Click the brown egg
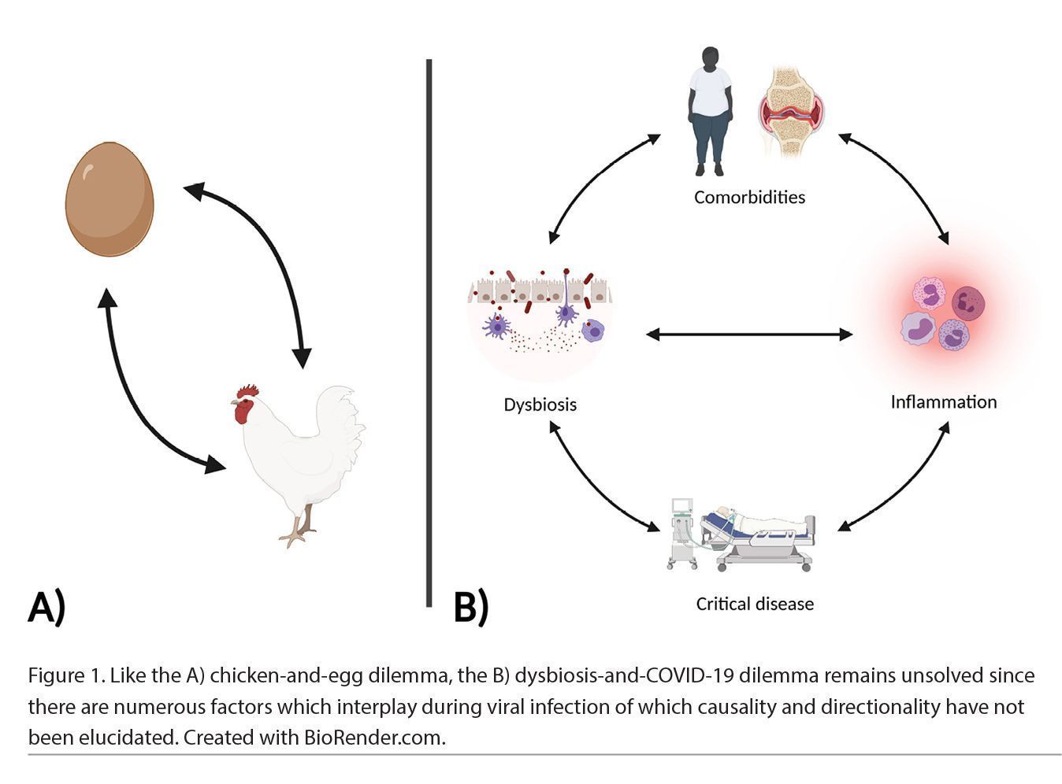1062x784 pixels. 109,199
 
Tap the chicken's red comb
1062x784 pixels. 248,391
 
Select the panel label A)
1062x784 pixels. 46,607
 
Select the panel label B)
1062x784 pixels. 471,607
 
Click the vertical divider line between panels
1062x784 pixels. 429,331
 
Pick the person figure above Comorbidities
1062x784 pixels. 711,110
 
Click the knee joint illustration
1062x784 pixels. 791,110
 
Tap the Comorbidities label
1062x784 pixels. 749,197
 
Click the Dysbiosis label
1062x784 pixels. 540,405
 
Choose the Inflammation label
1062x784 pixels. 943,402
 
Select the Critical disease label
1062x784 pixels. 755,604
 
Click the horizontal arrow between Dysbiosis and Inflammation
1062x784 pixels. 748,335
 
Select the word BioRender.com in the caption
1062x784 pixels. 374,738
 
